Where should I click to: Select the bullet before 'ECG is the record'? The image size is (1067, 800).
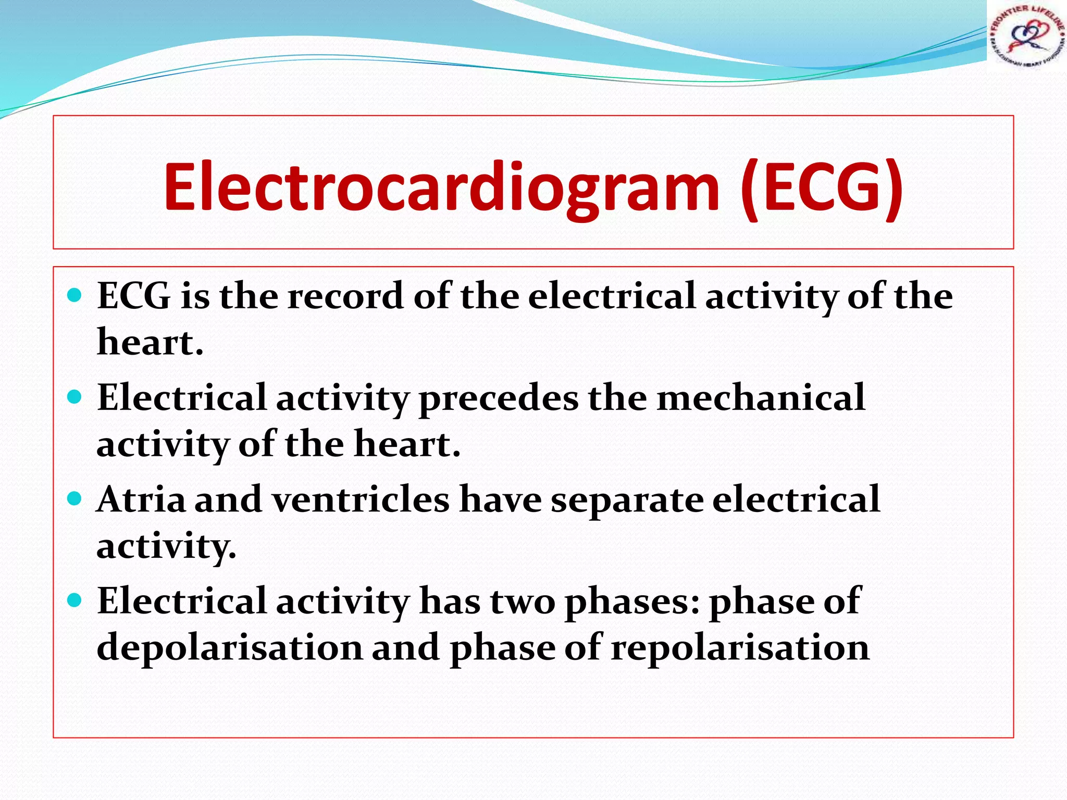75,295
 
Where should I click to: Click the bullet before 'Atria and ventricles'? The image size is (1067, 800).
75,499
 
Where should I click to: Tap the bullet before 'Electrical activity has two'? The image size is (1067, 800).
75,601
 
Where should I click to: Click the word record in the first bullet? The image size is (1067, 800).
345,296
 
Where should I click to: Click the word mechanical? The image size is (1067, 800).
761,398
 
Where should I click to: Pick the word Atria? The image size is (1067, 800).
141,499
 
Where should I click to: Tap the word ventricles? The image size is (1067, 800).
361,499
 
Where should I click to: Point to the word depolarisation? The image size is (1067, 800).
230,648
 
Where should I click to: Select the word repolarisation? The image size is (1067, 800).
740,648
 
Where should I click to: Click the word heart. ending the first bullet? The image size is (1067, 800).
150,342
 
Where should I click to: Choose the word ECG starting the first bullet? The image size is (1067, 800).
134,296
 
